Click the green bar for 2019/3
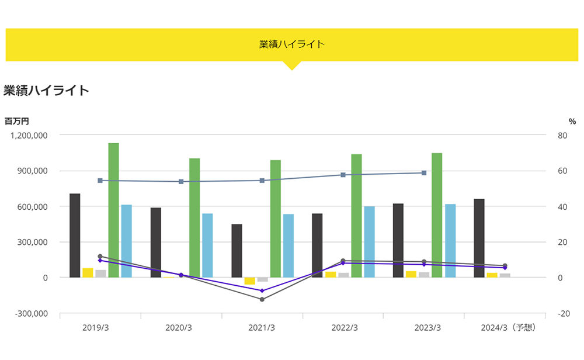click(114, 210)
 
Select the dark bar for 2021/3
click(237, 251)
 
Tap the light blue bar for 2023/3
click(450, 241)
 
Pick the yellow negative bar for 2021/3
click(249, 281)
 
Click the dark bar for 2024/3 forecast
click(479, 238)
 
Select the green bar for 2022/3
click(356, 216)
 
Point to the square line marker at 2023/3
click(424, 173)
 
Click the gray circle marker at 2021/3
click(262, 299)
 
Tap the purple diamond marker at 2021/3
click(262, 290)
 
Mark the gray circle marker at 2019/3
click(100, 257)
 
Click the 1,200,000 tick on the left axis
click(29, 135)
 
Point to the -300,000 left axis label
click(32, 313)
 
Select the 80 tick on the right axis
click(562, 135)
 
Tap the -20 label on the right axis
click(564, 313)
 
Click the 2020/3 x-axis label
click(179, 328)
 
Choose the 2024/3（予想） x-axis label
click(508, 328)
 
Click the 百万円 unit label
click(17, 121)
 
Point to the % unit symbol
click(572, 121)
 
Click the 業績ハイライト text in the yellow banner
click(292, 44)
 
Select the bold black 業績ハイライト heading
click(46, 90)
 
